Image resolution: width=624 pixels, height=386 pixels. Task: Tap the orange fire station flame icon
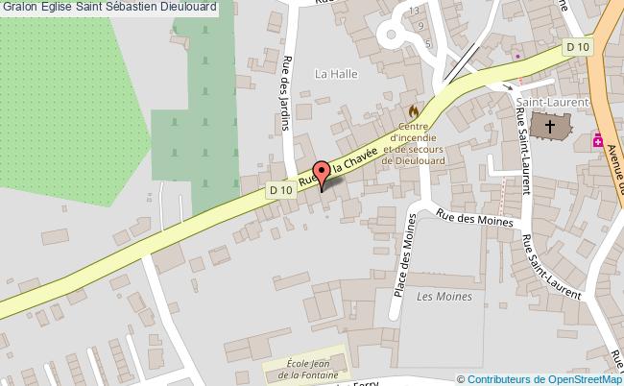pos(414,112)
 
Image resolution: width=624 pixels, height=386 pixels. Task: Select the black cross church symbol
pos(550,126)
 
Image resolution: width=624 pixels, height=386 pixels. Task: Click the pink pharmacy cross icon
pos(599,140)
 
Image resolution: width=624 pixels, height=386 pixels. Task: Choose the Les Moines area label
pos(444,297)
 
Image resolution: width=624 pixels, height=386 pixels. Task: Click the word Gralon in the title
pos(18,7)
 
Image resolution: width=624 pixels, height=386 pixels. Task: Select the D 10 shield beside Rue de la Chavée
pos(279,190)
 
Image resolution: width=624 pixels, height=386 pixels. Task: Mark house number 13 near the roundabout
pos(414,10)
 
